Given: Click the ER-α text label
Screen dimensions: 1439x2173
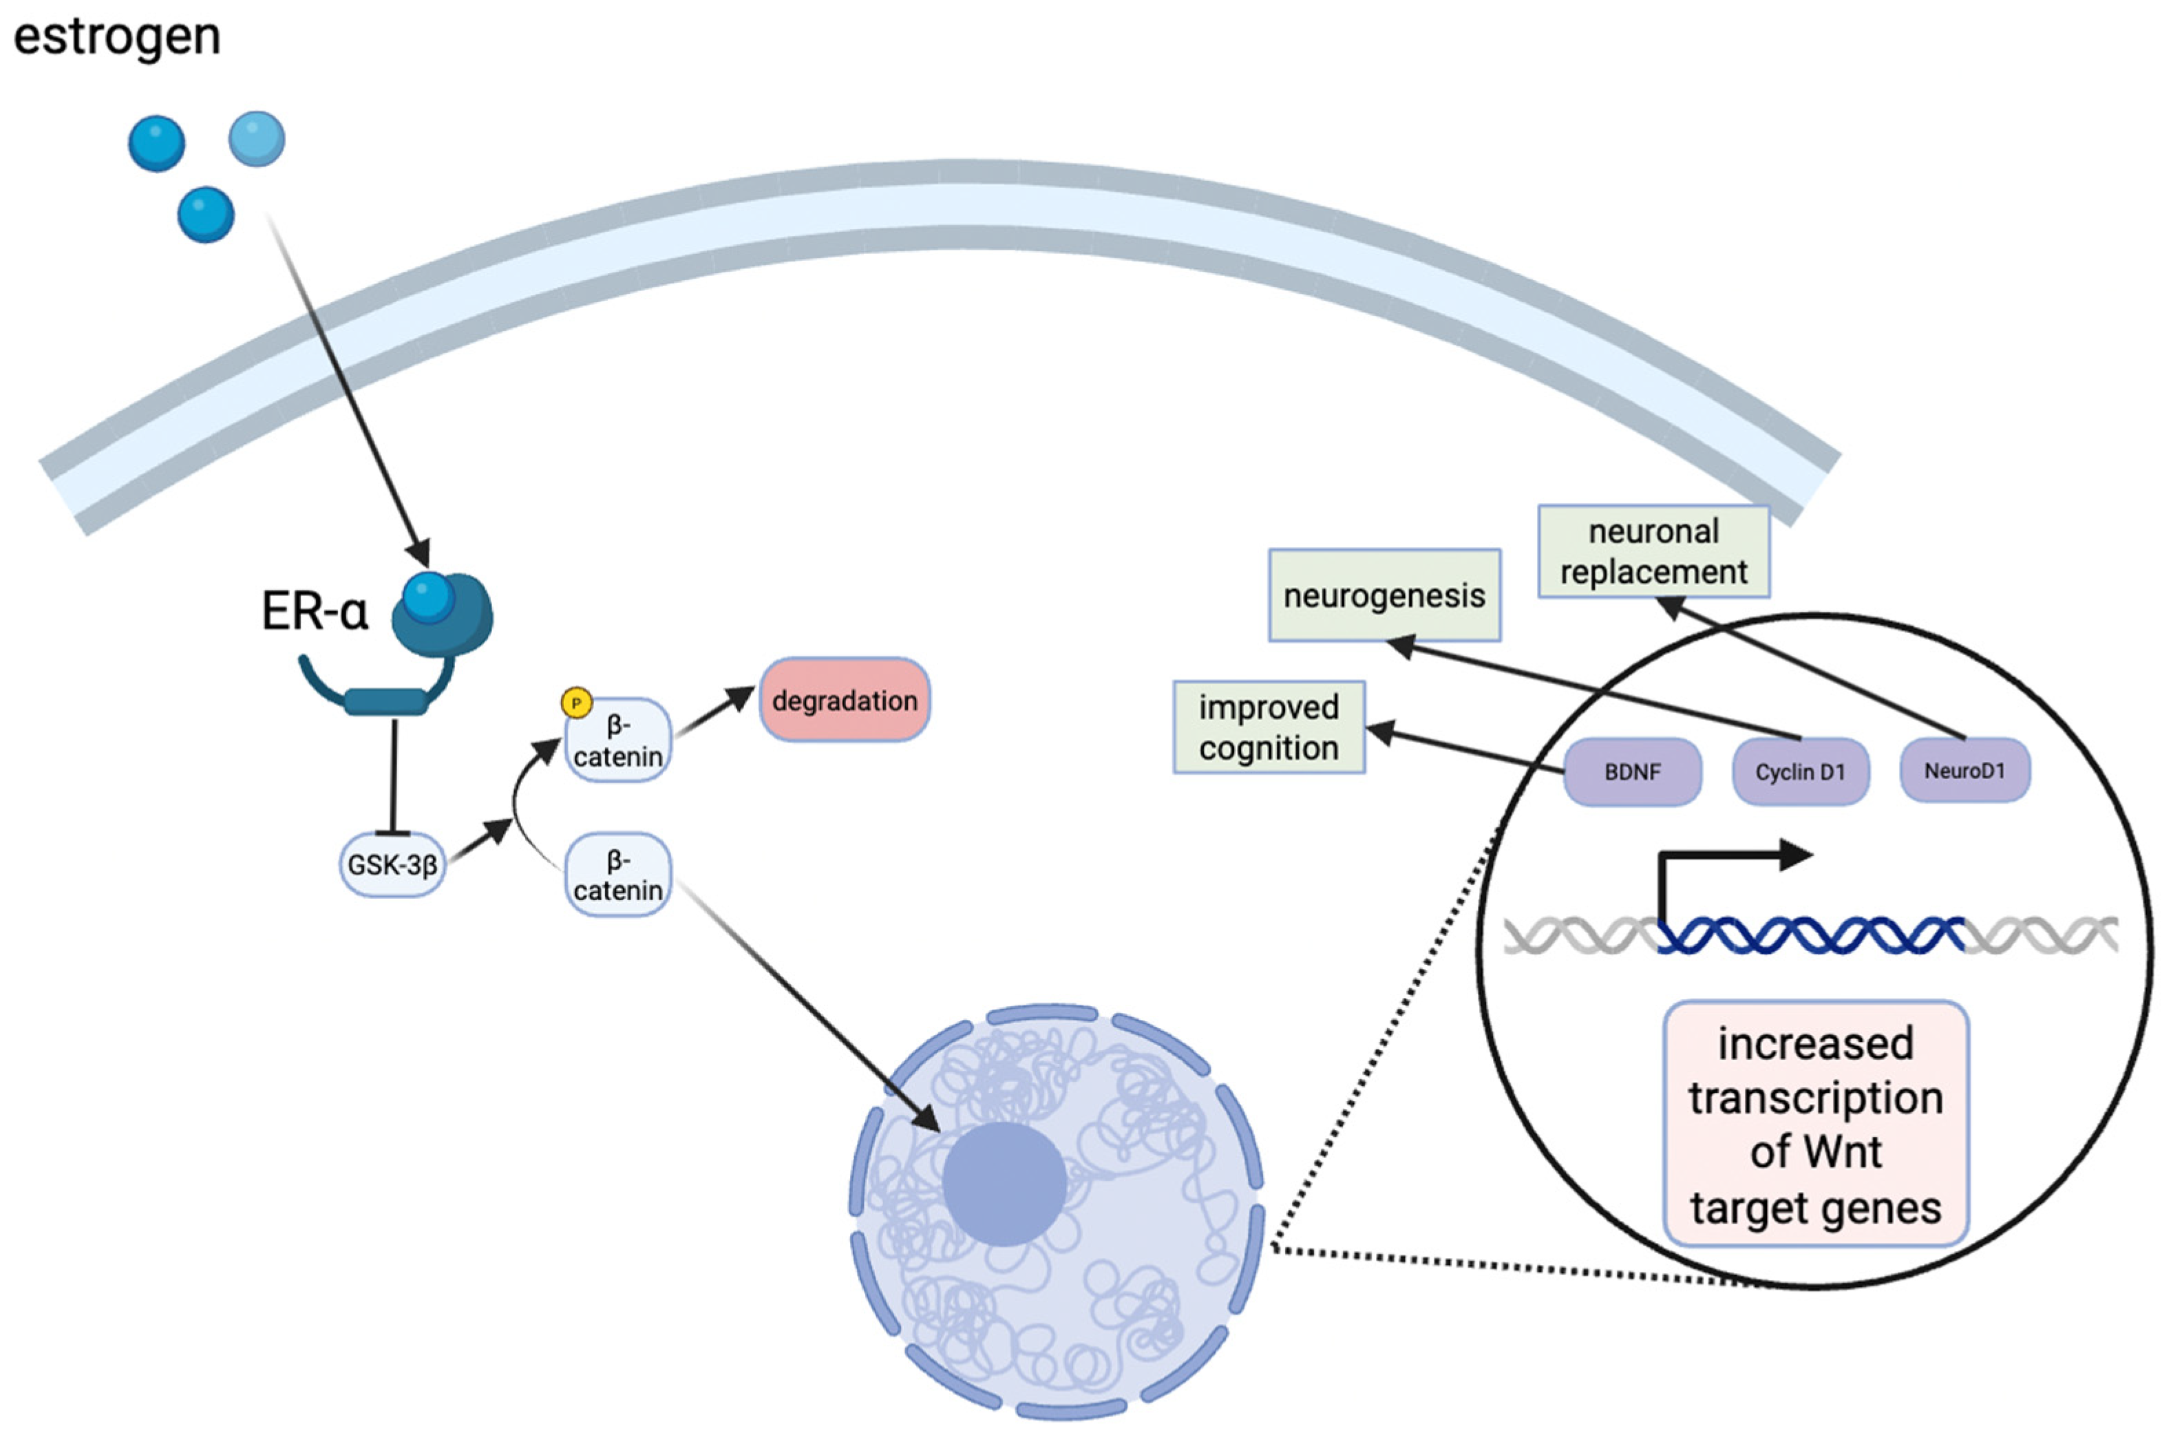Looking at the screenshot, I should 315,611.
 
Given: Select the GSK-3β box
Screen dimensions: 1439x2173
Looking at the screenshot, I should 392,864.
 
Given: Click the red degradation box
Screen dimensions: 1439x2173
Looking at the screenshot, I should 845,700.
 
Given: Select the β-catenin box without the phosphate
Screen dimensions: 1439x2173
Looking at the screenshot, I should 617,875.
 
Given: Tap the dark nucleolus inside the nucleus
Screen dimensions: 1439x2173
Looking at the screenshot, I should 1004,1184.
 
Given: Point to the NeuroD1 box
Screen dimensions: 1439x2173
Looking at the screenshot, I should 1964,770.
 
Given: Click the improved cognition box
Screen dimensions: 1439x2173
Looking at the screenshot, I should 1268,727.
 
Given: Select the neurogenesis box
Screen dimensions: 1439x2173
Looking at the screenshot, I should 1384,595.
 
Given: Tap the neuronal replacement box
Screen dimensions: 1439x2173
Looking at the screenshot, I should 1653,551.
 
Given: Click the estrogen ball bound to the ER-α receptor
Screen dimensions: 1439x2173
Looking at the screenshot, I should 427,597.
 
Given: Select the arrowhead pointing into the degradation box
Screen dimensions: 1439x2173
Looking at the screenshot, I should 741,699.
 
